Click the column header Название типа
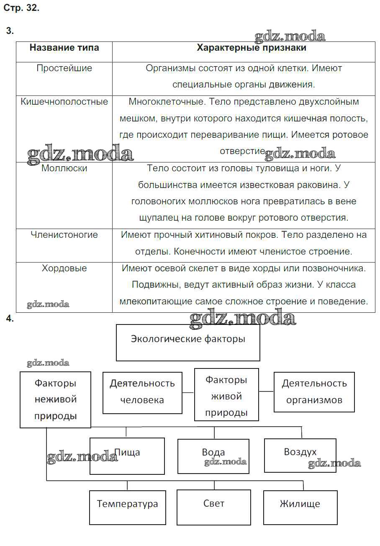tap(64, 48)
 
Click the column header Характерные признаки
tap(252, 48)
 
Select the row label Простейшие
tap(64, 68)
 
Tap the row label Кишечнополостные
tap(64, 102)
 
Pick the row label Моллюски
tap(64, 168)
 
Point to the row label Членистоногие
tap(64, 235)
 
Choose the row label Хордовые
tap(64, 268)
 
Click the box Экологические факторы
tap(188, 342)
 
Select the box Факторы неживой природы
tap(55, 399)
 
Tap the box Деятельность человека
tap(142, 392)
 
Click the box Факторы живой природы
tap(226, 394)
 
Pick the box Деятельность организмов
tap(314, 392)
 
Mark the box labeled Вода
tap(213, 456)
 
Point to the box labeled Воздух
tap(300, 455)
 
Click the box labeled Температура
tap(127, 507)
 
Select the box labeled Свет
tap(214, 507)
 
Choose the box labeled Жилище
tap(300, 507)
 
